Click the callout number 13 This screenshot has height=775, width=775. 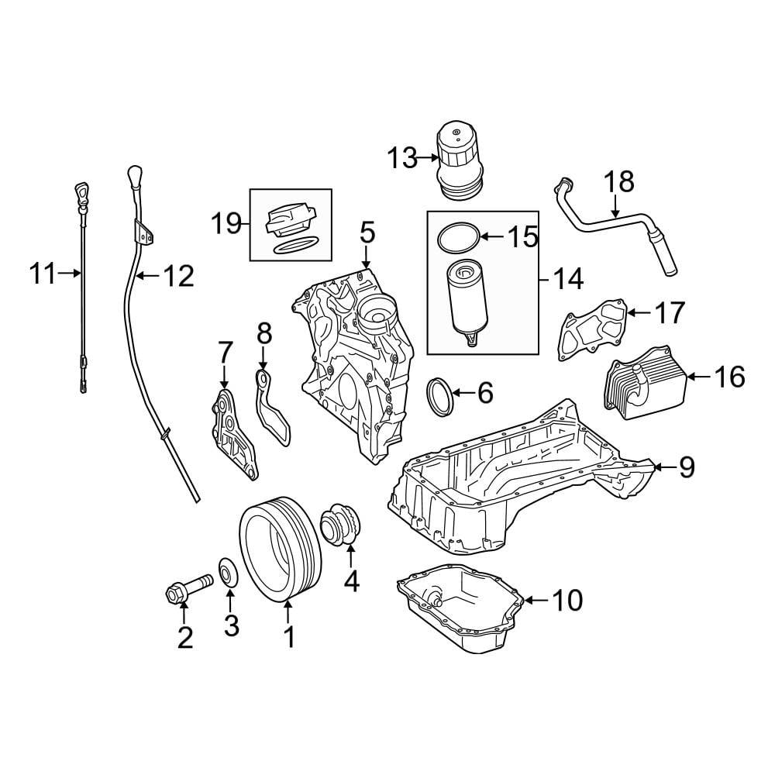(402, 159)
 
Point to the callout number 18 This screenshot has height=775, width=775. (619, 183)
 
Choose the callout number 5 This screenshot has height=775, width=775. (367, 232)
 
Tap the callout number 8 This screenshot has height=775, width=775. (263, 334)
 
